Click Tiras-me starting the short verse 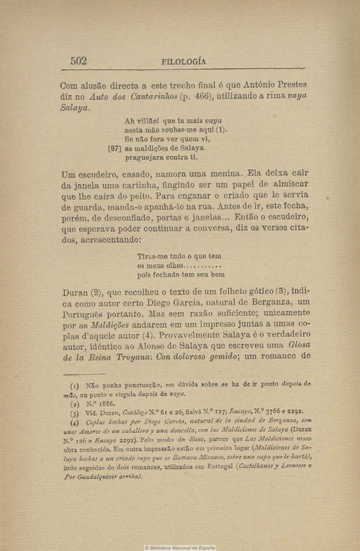(152, 254)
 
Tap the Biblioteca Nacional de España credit (180, 547)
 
